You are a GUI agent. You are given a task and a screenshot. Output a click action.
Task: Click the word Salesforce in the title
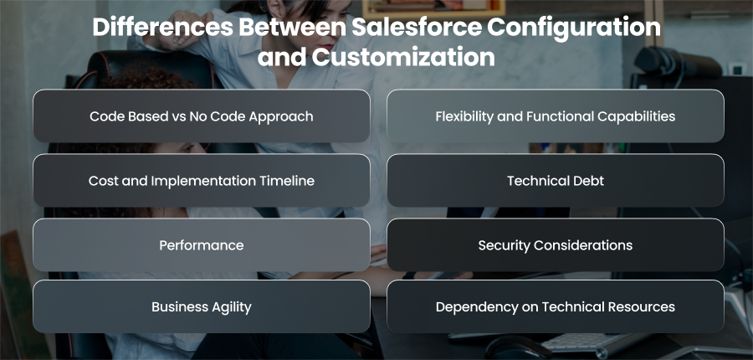pos(417,28)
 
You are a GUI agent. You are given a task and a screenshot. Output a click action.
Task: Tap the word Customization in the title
pos(403,58)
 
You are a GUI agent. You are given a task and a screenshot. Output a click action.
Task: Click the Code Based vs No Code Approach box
pos(202,116)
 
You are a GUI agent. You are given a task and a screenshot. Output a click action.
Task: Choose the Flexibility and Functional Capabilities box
pos(556,116)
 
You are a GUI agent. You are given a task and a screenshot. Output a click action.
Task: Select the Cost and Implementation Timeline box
pos(202,180)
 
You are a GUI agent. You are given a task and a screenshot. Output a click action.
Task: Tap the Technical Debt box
pos(556,180)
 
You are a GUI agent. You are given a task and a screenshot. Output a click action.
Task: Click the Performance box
pos(202,245)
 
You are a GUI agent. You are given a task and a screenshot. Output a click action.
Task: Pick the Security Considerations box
pos(556,245)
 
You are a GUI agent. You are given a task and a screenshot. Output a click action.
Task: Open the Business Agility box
pos(202,306)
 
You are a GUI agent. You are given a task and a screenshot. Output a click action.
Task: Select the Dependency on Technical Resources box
pos(556,306)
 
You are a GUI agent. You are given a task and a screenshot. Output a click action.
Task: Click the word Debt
pos(590,181)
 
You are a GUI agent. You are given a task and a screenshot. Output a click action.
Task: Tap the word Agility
pos(231,307)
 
